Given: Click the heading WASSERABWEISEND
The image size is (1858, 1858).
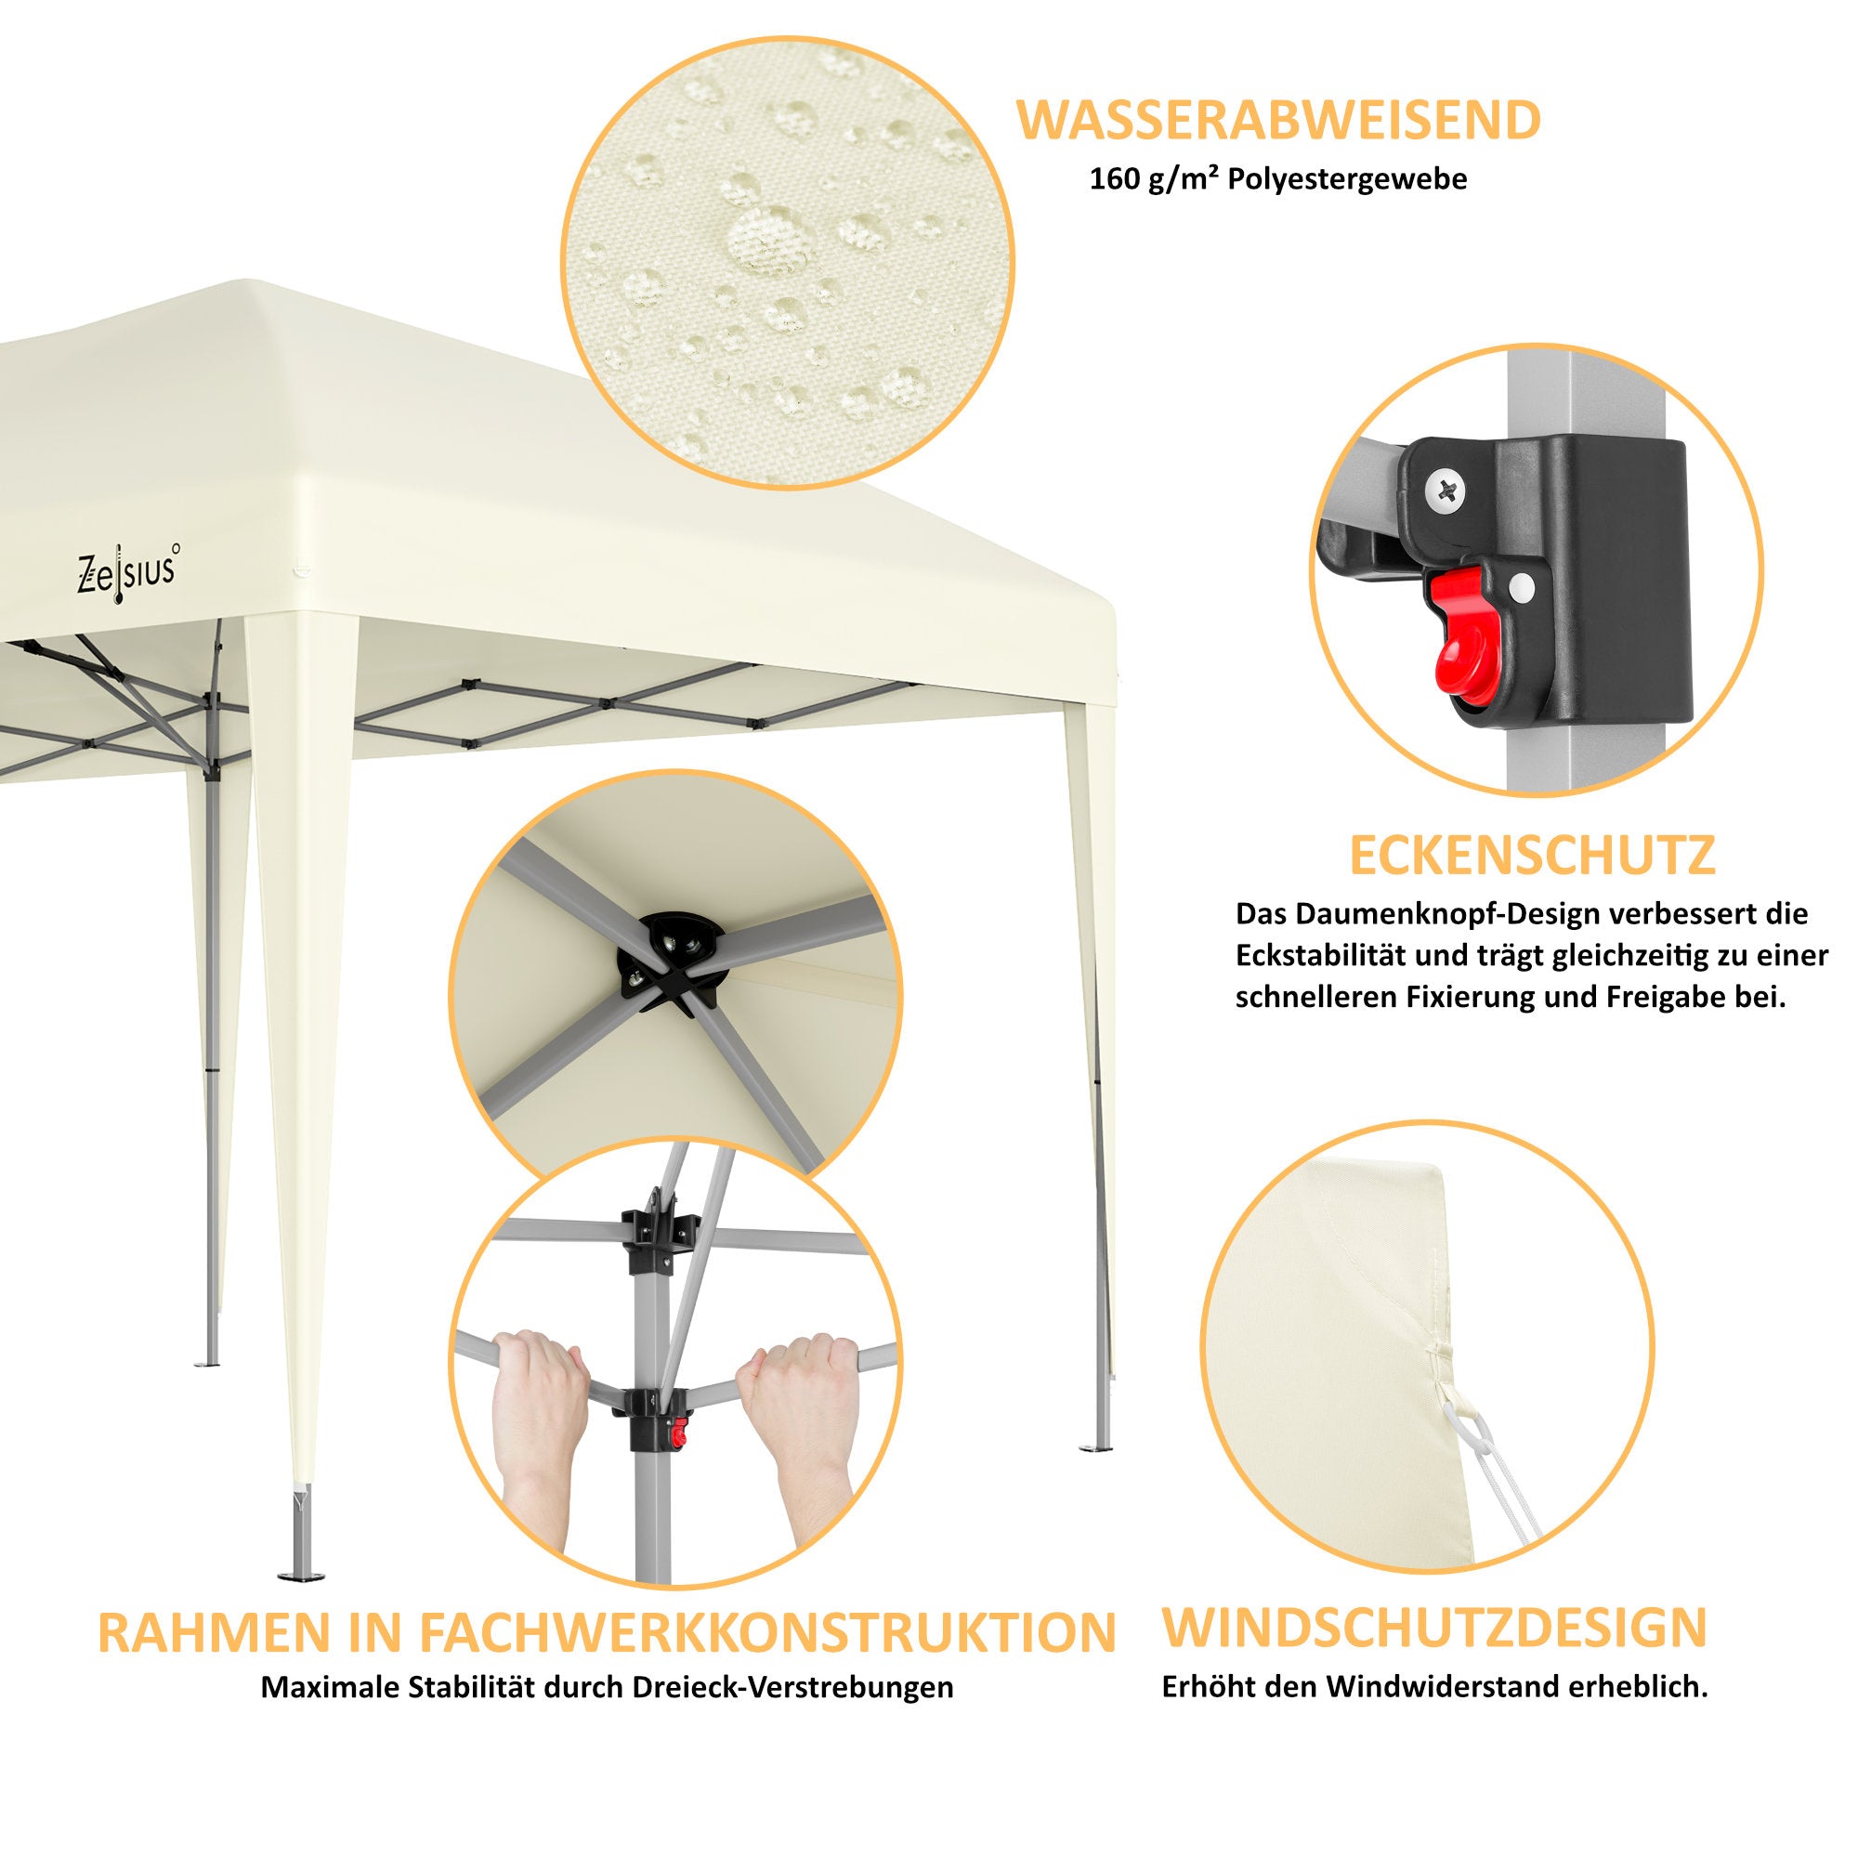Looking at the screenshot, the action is point(1279,120).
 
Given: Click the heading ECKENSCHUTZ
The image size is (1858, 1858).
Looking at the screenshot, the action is point(1533,856).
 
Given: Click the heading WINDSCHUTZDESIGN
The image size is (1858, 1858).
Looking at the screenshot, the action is point(1435,1627).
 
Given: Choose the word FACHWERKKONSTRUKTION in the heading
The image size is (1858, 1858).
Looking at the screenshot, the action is point(767,1632).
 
